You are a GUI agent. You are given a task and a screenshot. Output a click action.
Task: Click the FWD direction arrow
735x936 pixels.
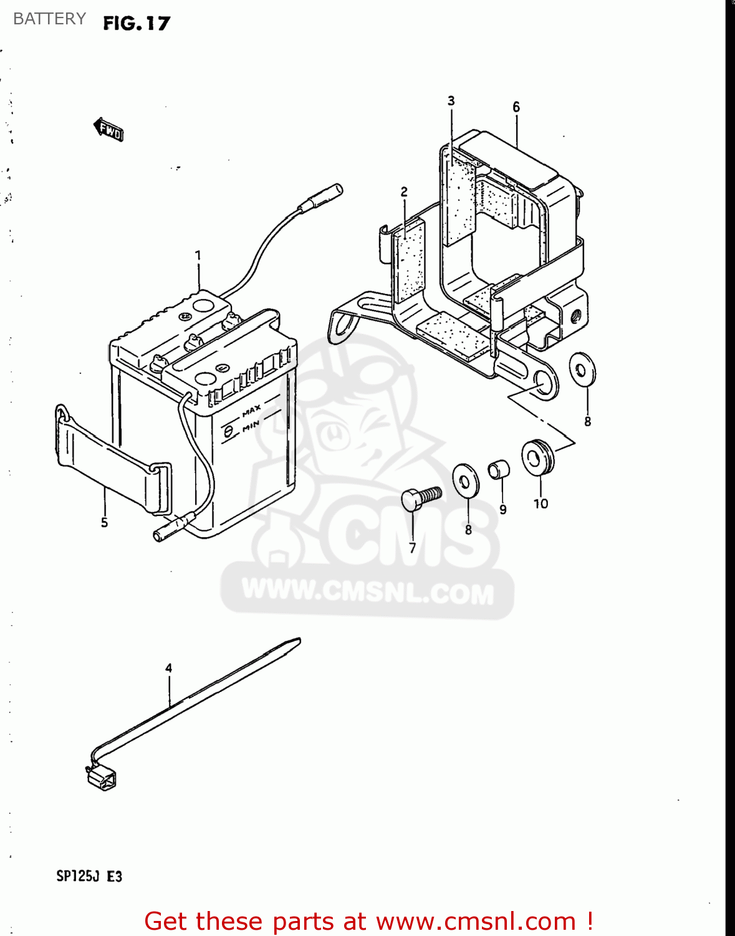click(109, 130)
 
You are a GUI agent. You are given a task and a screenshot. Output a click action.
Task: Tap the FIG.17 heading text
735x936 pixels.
click(137, 24)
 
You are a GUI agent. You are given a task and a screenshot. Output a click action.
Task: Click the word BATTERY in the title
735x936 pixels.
click(49, 19)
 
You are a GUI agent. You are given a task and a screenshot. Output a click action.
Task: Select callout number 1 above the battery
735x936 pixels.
click(198, 255)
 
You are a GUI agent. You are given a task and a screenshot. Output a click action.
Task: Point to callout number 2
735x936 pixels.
click(404, 192)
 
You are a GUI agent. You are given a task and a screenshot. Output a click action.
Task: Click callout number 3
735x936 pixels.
click(451, 101)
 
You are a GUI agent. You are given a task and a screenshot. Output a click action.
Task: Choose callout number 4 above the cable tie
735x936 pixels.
click(168, 668)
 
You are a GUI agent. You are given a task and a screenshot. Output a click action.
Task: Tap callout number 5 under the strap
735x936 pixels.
click(104, 522)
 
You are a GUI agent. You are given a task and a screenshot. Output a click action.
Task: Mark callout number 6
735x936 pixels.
click(516, 107)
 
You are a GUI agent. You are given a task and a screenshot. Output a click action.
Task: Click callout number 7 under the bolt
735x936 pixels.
click(412, 548)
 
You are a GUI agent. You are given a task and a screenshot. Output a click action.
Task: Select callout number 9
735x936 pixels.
click(503, 510)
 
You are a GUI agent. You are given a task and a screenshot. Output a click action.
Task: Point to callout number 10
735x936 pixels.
click(540, 504)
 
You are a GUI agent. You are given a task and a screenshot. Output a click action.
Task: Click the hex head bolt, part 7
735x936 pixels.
click(420, 498)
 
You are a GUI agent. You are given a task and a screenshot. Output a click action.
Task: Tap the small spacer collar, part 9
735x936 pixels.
click(499, 469)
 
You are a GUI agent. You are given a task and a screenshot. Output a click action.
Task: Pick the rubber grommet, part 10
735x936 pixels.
click(537, 457)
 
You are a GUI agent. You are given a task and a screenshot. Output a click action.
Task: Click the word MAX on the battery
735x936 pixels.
click(251, 411)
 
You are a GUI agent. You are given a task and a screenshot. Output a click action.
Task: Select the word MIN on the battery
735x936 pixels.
click(251, 426)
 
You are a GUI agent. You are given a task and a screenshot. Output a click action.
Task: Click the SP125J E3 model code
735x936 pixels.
click(89, 876)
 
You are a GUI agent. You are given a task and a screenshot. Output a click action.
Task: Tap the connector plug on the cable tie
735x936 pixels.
click(101, 778)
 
